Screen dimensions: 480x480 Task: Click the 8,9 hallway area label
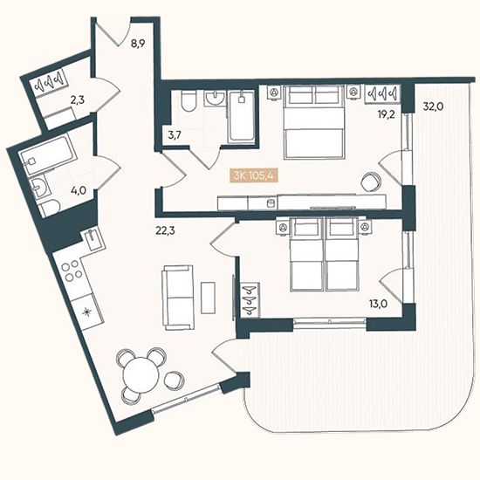138,44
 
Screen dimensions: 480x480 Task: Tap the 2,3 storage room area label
78,99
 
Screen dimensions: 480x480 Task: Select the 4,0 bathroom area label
78,190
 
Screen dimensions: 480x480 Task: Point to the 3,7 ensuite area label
175,134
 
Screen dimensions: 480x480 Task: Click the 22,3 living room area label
165,230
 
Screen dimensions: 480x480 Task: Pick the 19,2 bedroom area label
386,114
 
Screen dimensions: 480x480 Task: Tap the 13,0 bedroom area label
379,304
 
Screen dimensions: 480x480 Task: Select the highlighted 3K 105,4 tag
254,176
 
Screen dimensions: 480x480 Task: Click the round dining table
140,374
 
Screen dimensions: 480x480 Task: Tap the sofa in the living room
178,298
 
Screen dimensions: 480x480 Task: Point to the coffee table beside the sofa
208,298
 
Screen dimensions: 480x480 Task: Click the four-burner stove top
72,271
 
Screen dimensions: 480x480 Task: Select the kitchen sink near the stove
93,240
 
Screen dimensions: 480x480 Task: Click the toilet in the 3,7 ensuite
188,100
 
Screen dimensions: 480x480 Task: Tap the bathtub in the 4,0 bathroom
47,155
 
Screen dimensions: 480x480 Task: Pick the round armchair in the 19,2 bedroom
372,182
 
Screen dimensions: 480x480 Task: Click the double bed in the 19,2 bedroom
314,122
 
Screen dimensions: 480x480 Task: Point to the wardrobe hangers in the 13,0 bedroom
250,300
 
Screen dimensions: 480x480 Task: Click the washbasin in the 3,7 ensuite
216,98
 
